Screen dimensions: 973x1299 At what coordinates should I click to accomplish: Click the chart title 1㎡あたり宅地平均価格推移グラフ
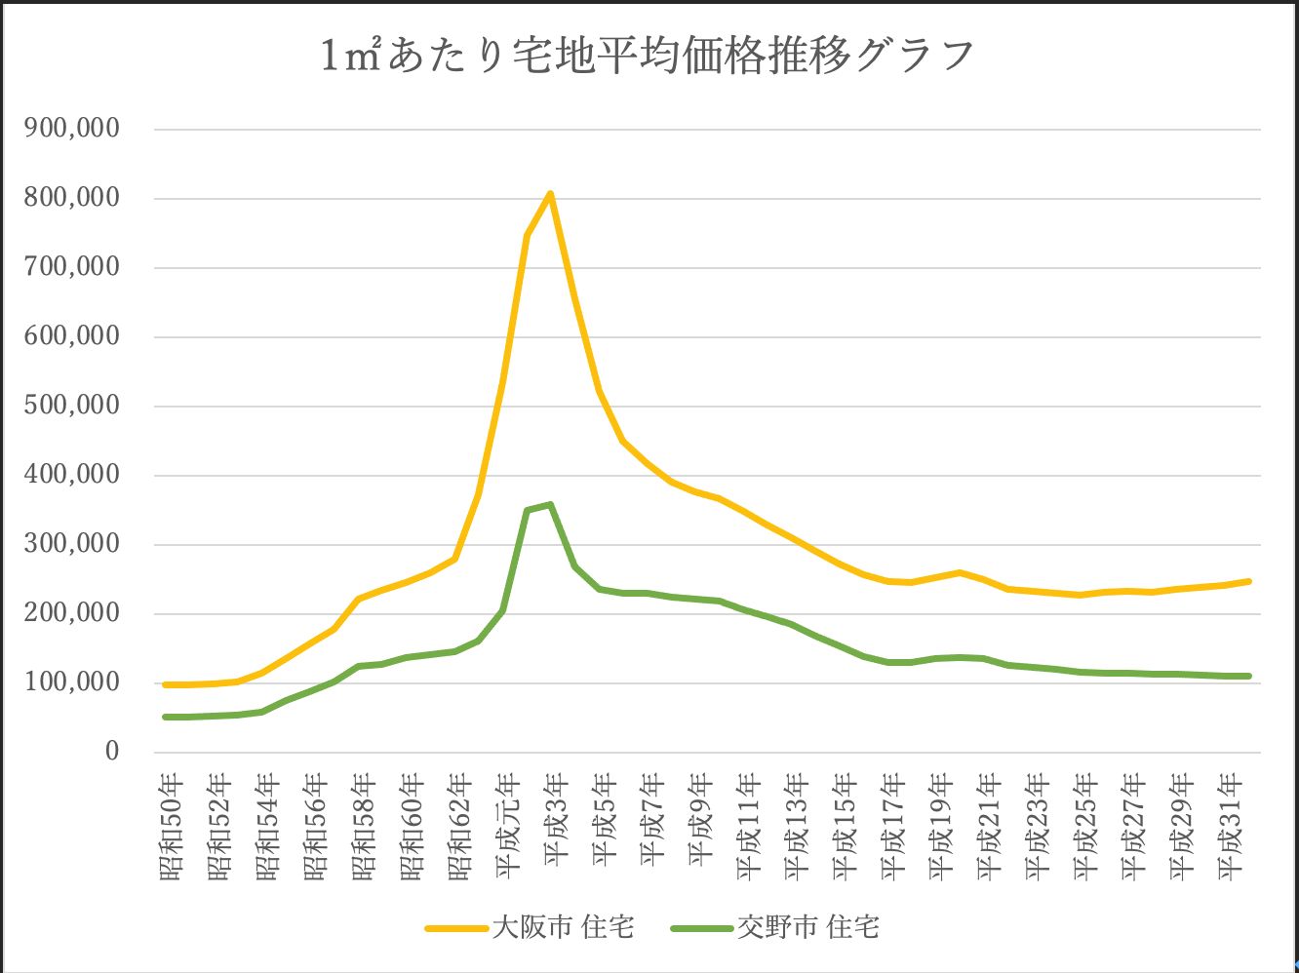point(649,56)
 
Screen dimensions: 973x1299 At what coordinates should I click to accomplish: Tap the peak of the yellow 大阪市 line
point(550,194)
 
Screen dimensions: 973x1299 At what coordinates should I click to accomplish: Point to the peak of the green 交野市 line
point(550,504)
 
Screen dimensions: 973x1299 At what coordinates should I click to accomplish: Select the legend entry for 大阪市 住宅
point(531,926)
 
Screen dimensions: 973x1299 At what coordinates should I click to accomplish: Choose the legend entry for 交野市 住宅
point(775,926)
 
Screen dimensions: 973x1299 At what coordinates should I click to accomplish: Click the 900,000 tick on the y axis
point(71,129)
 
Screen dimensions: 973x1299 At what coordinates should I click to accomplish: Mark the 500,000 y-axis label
point(71,406)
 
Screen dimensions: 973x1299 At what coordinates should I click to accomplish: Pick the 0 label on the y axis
point(112,752)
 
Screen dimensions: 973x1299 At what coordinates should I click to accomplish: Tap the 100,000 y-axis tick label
point(71,682)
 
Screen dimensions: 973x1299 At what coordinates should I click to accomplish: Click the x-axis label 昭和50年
point(171,827)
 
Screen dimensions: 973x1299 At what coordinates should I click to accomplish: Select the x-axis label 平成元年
point(508,827)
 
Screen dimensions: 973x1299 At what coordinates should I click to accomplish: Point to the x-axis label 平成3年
point(556,819)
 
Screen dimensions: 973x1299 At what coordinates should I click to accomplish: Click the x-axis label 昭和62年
point(459,827)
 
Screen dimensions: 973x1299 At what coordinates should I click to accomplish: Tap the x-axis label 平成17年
point(893,827)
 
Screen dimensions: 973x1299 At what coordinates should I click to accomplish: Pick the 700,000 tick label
point(71,267)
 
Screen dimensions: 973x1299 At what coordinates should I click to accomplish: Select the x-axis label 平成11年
point(749,827)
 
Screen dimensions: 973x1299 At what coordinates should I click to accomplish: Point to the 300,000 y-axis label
point(71,544)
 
